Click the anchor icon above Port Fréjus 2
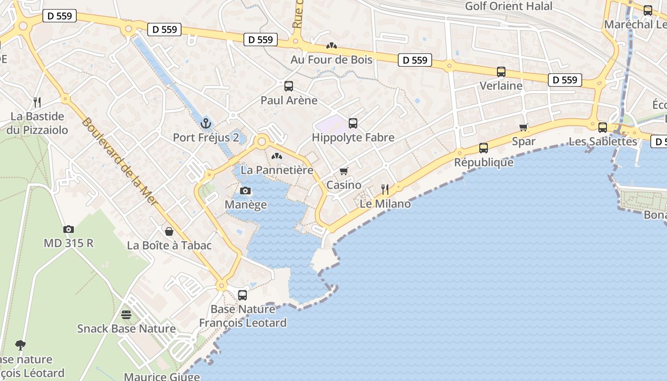[206, 124]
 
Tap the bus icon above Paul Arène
[289, 86]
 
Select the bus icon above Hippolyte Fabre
[353, 123]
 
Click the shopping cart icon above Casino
[344, 171]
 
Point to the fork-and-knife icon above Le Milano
[385, 190]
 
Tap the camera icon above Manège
[245, 191]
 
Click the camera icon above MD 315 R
[69, 229]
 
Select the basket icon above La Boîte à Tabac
[169, 231]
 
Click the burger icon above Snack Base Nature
[126, 314]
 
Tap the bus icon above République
[484, 148]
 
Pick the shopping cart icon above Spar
[524, 127]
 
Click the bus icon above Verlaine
[501, 72]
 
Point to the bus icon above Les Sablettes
[603, 127]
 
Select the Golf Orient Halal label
[508, 6]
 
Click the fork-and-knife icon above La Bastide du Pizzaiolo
[37, 102]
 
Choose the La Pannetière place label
[277, 170]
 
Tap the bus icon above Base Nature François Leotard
[243, 295]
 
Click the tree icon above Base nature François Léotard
[20, 345]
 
